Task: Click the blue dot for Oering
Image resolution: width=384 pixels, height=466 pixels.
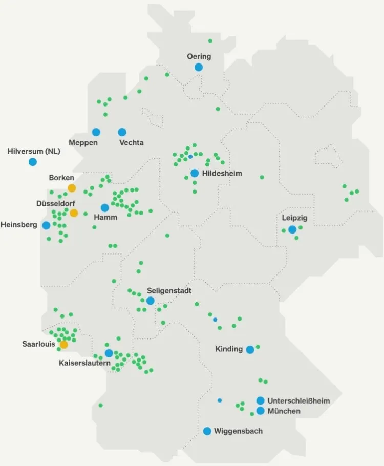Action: pyautogui.click(x=199, y=67)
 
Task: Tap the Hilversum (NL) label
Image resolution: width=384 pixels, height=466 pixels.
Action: pyautogui.click(x=34, y=151)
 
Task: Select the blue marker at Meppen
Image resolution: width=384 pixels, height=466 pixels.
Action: pyautogui.click(x=96, y=132)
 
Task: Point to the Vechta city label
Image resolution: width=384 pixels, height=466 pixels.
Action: pyautogui.click(x=131, y=143)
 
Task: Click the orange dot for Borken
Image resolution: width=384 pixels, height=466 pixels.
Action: pyautogui.click(x=72, y=188)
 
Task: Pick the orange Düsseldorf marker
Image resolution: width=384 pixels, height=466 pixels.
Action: pyautogui.click(x=74, y=213)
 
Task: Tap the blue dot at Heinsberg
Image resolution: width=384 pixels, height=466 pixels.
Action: pyautogui.click(x=47, y=225)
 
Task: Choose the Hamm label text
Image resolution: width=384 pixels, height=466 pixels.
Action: pyautogui.click(x=105, y=217)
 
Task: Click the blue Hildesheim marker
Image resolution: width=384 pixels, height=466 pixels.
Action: pyautogui.click(x=195, y=173)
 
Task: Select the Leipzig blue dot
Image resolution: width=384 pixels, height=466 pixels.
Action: pyautogui.click(x=292, y=229)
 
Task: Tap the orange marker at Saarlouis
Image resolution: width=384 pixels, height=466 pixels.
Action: pyautogui.click(x=63, y=345)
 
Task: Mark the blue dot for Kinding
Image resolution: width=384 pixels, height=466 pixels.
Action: pyautogui.click(x=250, y=350)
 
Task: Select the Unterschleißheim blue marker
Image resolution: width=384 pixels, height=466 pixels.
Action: pyautogui.click(x=261, y=400)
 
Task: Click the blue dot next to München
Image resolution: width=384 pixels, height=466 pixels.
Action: pyautogui.click(x=261, y=411)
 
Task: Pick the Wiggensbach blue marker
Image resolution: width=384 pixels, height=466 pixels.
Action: pyautogui.click(x=207, y=431)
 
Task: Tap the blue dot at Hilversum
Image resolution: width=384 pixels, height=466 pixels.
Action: pyautogui.click(x=33, y=162)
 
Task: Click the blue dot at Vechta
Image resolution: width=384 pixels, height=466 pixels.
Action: pyautogui.click(x=122, y=132)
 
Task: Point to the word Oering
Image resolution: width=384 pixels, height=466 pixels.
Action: pyautogui.click(x=199, y=56)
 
